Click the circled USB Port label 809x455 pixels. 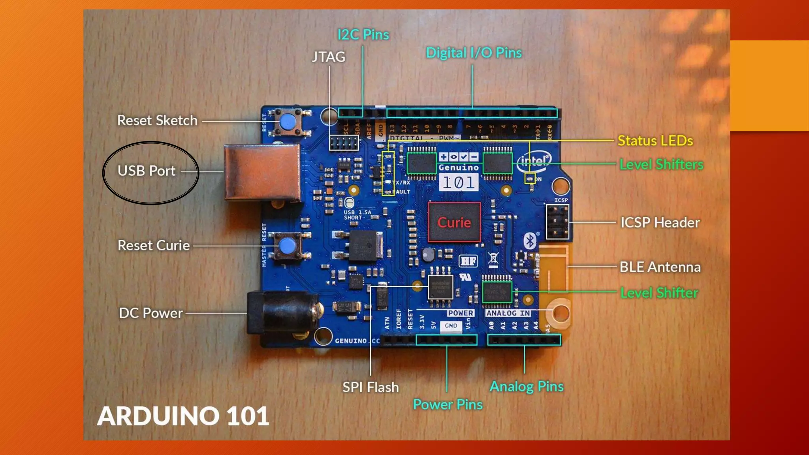[x=147, y=171]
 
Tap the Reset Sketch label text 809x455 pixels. [x=157, y=120]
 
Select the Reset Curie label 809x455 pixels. [x=154, y=246]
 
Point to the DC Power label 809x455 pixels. [x=151, y=313]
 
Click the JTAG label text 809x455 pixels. [x=328, y=57]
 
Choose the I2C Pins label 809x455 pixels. [x=363, y=35]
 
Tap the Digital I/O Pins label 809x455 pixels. [x=474, y=53]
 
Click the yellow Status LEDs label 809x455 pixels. [x=655, y=141]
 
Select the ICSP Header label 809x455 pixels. [x=660, y=223]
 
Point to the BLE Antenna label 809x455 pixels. [x=660, y=267]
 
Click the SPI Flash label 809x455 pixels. [x=371, y=387]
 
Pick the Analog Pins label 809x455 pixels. [x=527, y=387]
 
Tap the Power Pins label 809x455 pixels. [x=448, y=405]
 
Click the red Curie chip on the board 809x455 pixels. [x=454, y=222]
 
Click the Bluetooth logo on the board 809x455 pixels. [x=530, y=241]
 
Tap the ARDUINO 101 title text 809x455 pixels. [x=183, y=416]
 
